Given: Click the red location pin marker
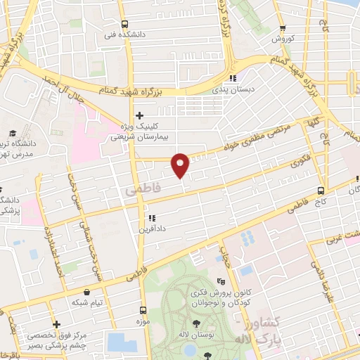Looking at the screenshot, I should [x=181, y=165].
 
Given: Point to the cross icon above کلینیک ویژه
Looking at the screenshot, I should [x=139, y=115].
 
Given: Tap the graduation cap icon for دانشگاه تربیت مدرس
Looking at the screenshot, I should [x=13, y=133].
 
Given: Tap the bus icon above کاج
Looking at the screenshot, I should [x=321, y=190].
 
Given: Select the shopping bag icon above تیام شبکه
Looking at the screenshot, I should [x=86, y=290].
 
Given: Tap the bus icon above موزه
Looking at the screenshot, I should [x=143, y=310].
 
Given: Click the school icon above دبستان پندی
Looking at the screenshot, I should [x=232, y=78].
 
